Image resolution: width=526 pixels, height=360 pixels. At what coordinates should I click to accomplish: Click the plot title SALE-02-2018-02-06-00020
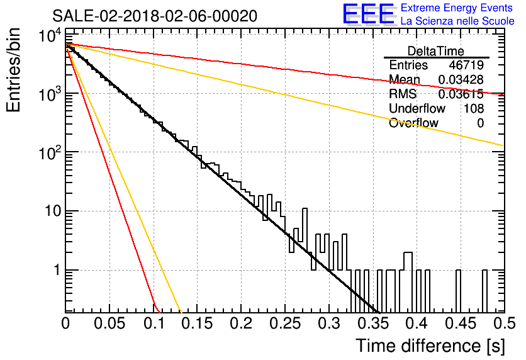[155, 16]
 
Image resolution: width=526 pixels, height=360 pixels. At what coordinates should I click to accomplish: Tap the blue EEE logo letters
[369, 14]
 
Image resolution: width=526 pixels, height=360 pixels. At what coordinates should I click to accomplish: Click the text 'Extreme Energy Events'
[457, 8]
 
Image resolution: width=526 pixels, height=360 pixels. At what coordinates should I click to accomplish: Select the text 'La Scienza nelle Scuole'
[457, 21]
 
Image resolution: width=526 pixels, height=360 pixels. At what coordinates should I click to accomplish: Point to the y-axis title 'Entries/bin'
[13, 70]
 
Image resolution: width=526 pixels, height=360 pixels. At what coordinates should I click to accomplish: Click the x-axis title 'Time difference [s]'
[430, 346]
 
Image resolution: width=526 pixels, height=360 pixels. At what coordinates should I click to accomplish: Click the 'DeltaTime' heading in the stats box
[436, 51]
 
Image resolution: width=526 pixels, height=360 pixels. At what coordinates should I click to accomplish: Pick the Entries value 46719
[466, 65]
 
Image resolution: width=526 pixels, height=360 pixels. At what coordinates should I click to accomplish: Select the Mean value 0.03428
[461, 79]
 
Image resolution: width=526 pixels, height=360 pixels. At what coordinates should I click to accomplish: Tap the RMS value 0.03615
[461, 94]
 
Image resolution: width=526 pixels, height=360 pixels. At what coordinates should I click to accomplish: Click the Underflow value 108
[474, 108]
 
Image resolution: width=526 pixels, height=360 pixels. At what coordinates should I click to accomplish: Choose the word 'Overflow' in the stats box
[413, 123]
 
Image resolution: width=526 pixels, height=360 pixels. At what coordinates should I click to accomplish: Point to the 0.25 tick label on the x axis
[286, 323]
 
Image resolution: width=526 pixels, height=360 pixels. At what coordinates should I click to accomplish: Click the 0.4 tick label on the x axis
[417, 323]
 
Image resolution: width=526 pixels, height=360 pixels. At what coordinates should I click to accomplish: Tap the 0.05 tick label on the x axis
[109, 323]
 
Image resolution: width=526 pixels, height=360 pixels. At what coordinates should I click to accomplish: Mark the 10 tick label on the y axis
[53, 211]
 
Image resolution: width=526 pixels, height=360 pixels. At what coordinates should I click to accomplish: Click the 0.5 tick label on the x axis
[505, 323]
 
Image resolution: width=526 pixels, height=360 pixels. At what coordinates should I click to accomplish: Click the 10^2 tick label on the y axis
[50, 153]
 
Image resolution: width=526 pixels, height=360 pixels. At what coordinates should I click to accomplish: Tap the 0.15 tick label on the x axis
[198, 323]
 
